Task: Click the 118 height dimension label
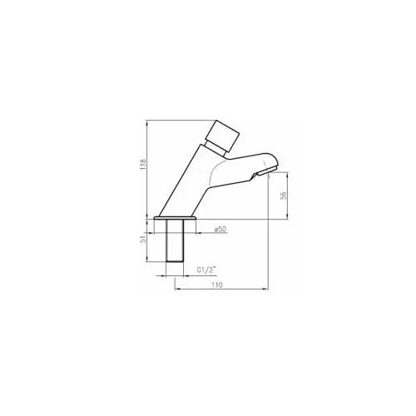click(x=143, y=165)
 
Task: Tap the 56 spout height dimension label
click(x=284, y=196)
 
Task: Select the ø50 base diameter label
click(x=220, y=230)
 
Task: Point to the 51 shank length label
click(x=143, y=240)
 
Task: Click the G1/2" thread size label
click(x=206, y=270)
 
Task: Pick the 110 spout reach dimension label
click(x=217, y=285)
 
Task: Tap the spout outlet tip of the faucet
click(x=268, y=172)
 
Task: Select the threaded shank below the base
click(x=175, y=240)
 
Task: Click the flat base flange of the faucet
click(x=175, y=218)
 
